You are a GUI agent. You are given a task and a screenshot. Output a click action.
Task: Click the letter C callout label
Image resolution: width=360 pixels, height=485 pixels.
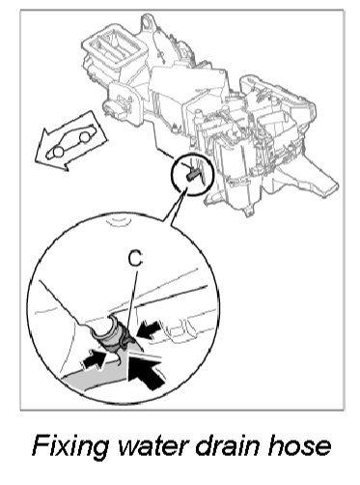(136, 259)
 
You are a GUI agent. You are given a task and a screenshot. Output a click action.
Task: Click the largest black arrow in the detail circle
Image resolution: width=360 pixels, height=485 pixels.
(147, 371)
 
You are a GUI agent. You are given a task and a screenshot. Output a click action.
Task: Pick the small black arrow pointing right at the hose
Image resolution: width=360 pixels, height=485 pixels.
(94, 359)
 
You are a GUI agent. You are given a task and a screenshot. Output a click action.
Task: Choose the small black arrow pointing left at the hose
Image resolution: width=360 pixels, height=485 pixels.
(149, 329)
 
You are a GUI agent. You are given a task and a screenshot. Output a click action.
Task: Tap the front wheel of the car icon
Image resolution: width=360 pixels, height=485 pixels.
(58, 152)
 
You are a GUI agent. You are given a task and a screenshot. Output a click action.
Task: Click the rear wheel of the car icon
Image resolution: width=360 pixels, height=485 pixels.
(85, 138)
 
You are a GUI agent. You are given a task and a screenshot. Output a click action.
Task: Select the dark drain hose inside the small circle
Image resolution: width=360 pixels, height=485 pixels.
(192, 174)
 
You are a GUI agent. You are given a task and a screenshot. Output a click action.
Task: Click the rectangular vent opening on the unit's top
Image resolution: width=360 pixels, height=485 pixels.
(116, 47)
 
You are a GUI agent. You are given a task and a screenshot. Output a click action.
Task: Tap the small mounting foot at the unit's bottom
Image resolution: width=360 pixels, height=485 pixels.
(248, 212)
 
